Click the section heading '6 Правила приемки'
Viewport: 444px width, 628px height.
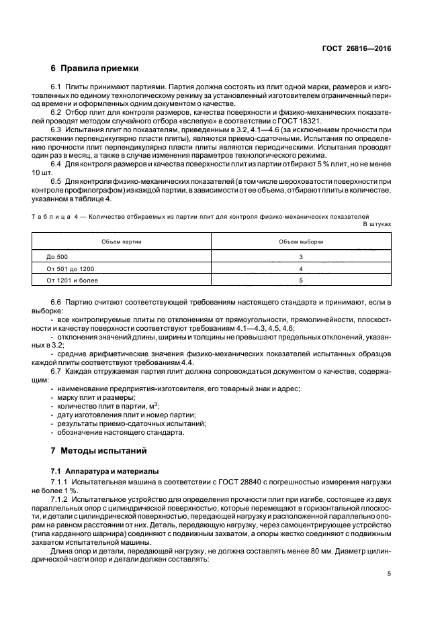tap(95, 68)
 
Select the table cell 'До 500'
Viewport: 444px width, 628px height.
tap(58, 256)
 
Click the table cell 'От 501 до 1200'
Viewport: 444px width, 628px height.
tap(71, 268)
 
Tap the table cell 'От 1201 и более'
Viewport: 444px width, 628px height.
tap(72, 280)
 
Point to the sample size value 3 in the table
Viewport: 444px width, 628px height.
tap(301, 256)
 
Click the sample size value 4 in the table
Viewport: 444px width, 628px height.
tap(301, 268)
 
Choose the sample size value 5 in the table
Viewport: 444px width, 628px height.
tap(301, 280)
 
